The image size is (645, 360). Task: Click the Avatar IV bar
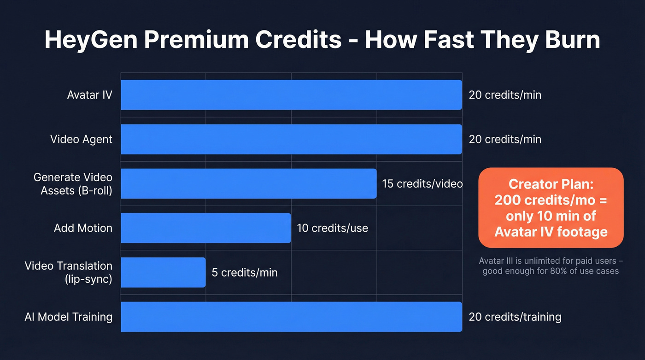(291, 95)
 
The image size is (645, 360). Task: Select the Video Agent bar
(291, 139)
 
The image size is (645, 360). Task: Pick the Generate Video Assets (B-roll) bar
(248, 183)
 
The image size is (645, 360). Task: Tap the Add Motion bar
(205, 228)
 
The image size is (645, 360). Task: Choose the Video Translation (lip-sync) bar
(163, 272)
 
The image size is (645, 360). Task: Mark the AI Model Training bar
(291, 317)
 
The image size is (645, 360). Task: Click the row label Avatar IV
(89, 95)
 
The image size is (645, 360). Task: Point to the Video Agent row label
(81, 139)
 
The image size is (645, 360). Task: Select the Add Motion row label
(83, 228)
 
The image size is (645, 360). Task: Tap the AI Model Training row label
(68, 317)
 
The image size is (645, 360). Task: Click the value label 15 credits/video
(422, 183)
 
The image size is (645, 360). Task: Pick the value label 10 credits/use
(332, 228)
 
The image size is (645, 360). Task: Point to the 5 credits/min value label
(245, 272)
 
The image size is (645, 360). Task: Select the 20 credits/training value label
(515, 317)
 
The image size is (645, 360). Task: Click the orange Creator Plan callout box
(551, 208)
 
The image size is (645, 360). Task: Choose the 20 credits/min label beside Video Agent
(505, 139)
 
